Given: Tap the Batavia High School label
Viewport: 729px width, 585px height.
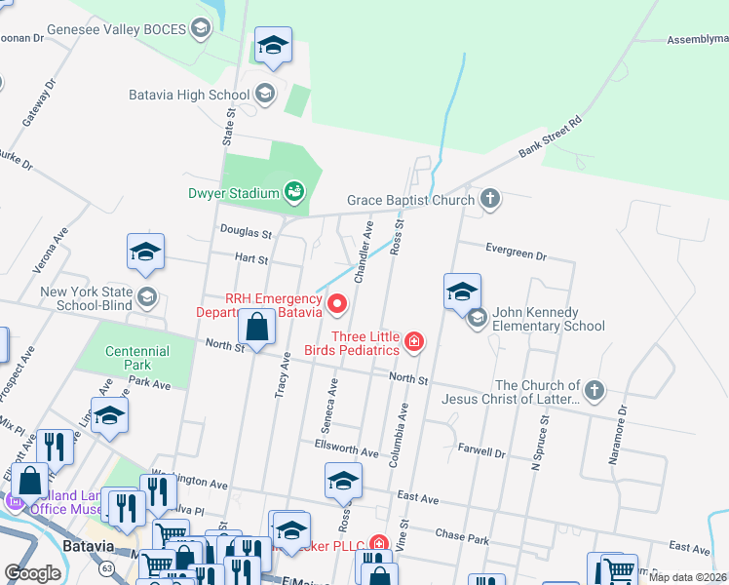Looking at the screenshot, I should tap(189, 95).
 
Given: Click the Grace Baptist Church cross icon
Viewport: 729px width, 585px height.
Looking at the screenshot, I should tap(489, 201).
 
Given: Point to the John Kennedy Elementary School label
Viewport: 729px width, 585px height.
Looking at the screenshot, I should tap(549, 319).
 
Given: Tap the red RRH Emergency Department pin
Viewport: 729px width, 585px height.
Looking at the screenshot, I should tap(338, 304).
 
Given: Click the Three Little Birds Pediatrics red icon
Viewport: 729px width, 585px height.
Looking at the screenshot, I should tap(414, 341).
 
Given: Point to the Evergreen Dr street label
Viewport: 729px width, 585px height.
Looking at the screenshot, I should tap(516, 253).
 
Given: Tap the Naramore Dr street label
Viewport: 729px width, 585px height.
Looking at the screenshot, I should tap(644, 435).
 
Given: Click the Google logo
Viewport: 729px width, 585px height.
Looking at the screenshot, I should tap(32, 572).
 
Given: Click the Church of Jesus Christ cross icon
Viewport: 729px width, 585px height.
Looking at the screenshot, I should tap(595, 391).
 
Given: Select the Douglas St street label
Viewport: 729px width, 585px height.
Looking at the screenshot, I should tap(245, 233).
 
